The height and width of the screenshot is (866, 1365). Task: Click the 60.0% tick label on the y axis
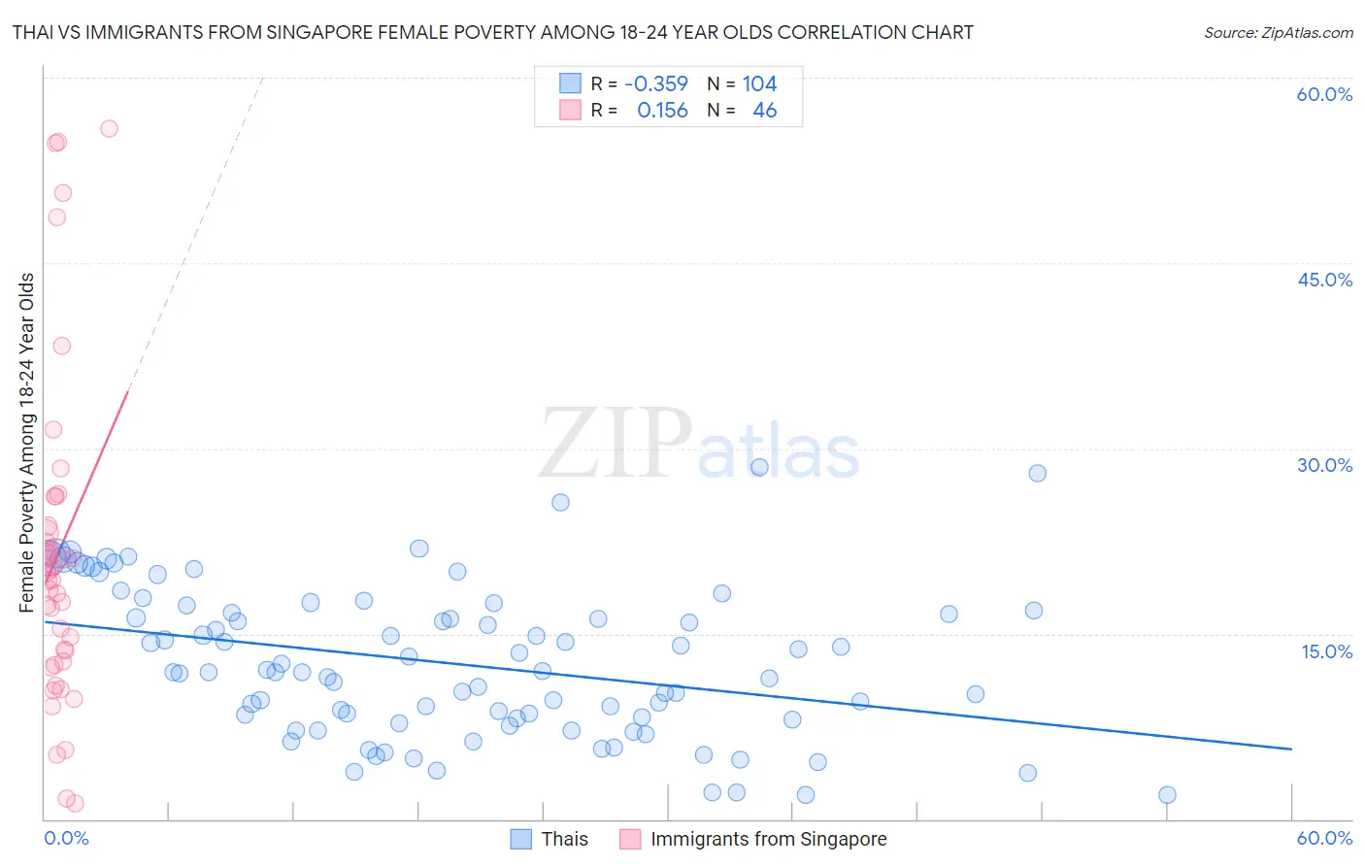[1324, 94]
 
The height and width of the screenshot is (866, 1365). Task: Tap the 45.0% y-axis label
[1324, 280]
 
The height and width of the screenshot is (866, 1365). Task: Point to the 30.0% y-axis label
[1324, 465]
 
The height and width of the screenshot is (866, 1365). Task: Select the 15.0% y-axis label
[1326, 651]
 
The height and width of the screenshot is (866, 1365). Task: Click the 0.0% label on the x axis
[66, 838]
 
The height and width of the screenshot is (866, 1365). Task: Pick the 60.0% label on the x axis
[1324, 838]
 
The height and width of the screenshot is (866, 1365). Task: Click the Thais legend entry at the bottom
[564, 839]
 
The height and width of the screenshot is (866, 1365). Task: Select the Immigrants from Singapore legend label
[768, 839]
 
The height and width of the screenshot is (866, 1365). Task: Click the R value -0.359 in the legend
[656, 84]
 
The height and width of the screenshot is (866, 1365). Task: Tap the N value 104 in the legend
[759, 84]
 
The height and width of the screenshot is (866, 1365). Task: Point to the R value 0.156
[662, 111]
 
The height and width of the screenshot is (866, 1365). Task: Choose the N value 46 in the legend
[765, 111]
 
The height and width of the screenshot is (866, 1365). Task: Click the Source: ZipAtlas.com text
[1278, 33]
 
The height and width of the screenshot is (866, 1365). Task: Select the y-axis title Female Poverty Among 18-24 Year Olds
[27, 443]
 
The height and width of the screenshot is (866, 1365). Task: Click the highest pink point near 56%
[109, 128]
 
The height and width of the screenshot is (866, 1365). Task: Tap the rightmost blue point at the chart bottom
[1167, 795]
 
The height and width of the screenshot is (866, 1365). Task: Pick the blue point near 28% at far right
[1037, 473]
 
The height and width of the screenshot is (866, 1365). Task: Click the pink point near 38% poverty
[61, 346]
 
